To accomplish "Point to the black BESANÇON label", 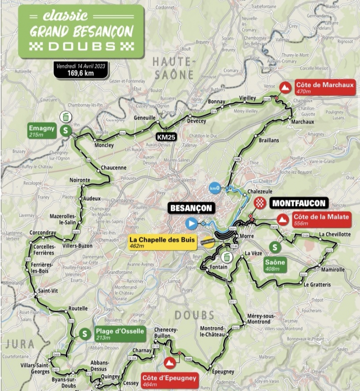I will tap(190, 208).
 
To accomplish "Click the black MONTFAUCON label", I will tap(299, 203).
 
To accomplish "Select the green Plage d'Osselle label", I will tap(119, 334).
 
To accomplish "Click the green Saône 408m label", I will tap(275, 265).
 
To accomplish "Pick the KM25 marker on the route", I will tap(166, 137).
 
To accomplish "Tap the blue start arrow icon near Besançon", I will tap(191, 223).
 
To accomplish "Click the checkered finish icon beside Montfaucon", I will tap(260, 202).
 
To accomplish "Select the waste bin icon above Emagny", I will tap(65, 116).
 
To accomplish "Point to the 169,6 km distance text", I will tap(81, 73).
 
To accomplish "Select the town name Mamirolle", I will tap(333, 270).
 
